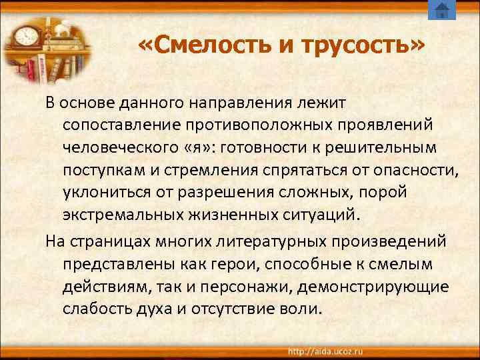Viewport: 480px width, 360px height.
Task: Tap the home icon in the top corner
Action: [441, 10]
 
